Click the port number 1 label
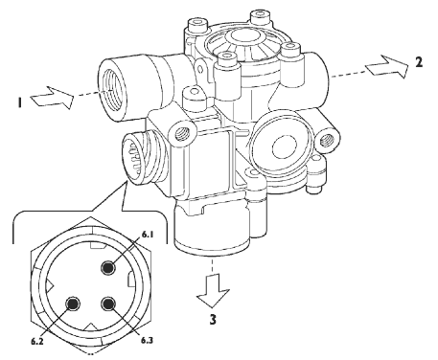(20, 102)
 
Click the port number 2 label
(419, 62)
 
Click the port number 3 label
(213, 319)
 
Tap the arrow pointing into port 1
(52, 97)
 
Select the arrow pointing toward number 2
(387, 66)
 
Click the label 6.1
(148, 235)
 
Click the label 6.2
(37, 341)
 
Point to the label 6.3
(147, 340)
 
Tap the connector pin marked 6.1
(108, 267)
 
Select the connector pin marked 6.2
(73, 304)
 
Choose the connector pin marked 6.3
(108, 304)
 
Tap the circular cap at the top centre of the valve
(242, 37)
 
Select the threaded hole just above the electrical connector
(182, 131)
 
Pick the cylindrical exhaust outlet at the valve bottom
(212, 229)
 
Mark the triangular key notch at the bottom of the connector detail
(91, 326)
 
